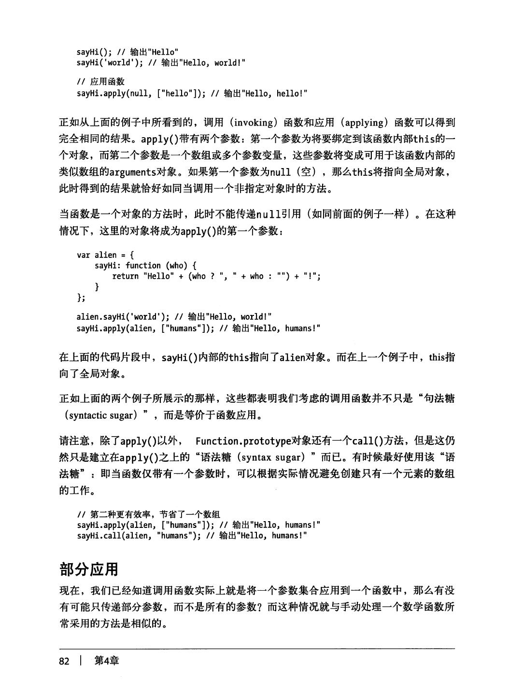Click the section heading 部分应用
click(88, 569)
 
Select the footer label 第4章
click(107, 661)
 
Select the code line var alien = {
click(105, 255)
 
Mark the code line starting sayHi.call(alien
click(192, 536)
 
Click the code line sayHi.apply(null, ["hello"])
click(192, 93)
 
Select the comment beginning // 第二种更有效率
click(148, 514)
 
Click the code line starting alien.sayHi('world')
click(174, 317)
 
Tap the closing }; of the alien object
click(80, 298)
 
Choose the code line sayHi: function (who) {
click(145, 265)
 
